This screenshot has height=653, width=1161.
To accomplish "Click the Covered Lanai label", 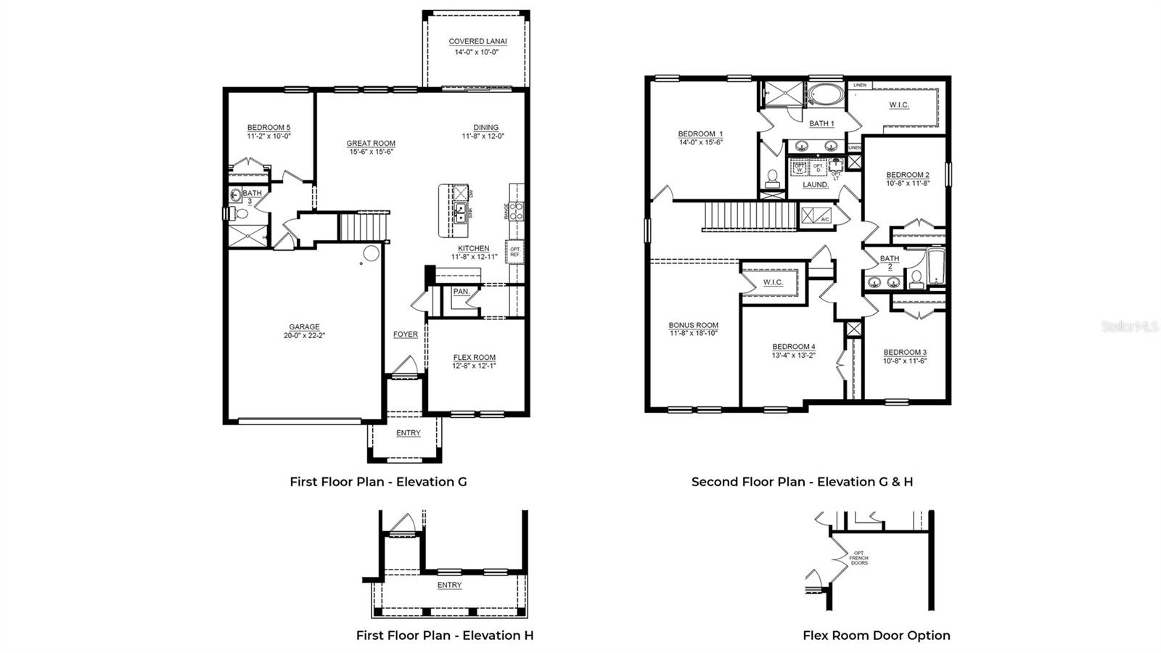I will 477,41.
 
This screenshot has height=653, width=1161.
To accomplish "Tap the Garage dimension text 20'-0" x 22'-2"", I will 304,336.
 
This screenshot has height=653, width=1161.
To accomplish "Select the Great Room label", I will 371,144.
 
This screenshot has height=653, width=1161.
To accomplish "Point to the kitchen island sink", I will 460,212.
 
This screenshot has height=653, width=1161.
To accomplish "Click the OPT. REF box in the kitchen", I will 515,252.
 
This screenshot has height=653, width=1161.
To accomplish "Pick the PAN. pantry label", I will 461,292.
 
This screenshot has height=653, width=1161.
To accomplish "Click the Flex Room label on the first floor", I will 474,357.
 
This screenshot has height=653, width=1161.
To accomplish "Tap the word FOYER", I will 406,334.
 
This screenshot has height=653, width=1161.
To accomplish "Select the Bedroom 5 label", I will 268,128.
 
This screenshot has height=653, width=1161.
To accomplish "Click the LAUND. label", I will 816,185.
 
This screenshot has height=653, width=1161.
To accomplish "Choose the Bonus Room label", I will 694,325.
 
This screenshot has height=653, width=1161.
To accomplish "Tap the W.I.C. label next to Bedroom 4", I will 773,282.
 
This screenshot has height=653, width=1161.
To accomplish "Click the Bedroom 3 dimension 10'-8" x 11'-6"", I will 905,361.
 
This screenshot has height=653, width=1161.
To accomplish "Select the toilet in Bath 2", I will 916,279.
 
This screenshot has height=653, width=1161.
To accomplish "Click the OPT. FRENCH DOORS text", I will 859,558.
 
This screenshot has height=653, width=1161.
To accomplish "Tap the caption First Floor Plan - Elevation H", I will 444,636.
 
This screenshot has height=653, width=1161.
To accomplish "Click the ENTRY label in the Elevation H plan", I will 449,585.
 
